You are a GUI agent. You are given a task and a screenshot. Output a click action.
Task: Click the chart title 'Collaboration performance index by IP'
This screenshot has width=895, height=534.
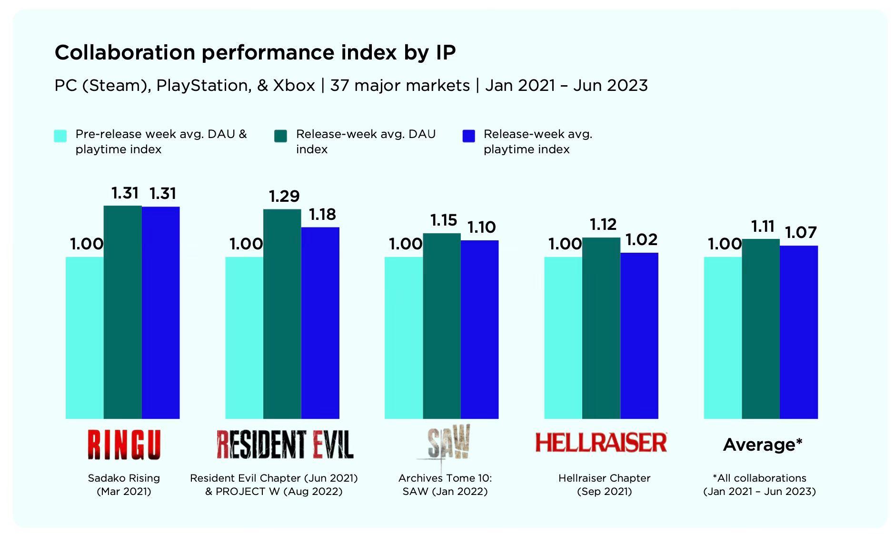[x=255, y=52]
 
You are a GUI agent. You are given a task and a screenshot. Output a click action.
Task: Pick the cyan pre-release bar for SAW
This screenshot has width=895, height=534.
[x=403, y=338]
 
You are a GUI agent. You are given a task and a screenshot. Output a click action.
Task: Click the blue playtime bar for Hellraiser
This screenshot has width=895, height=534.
[x=639, y=336]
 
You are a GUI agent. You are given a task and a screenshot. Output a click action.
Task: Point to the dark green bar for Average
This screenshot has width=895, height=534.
[x=761, y=328]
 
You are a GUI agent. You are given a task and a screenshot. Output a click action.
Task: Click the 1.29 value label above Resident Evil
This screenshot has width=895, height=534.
[x=284, y=196]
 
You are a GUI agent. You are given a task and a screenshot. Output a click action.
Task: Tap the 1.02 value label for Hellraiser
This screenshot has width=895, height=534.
[x=641, y=239]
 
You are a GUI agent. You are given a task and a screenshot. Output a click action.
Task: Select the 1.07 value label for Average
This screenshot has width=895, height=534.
[x=801, y=232]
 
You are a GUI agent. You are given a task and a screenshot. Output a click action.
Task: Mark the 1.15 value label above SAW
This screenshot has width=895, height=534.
[x=444, y=220]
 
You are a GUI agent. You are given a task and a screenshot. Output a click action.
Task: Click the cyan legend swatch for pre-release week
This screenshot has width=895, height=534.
[x=60, y=136]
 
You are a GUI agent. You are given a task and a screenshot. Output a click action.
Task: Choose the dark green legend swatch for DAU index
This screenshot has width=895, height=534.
[x=280, y=136]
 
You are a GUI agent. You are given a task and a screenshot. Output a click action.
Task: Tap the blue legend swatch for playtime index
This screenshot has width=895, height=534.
[x=469, y=136]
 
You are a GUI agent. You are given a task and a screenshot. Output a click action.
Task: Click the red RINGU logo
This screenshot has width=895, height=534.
[x=124, y=445]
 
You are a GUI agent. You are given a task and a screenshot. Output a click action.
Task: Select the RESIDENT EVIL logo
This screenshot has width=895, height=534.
[x=285, y=444]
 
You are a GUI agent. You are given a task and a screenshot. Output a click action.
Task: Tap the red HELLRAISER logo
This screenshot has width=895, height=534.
[x=601, y=443]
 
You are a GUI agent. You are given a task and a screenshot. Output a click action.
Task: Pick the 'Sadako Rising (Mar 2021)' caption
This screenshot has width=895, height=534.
[x=124, y=485]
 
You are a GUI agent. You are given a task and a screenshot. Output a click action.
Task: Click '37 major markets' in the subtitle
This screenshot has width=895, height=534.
[x=400, y=86]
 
